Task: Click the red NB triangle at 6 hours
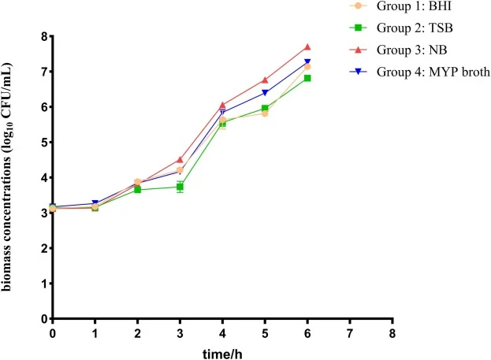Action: (x=307, y=47)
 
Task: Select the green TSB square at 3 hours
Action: (x=180, y=187)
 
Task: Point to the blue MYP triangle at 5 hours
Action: (x=265, y=93)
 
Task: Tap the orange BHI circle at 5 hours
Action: (x=265, y=113)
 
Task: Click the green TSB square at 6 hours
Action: (x=307, y=78)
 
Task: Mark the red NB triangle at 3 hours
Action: (x=180, y=160)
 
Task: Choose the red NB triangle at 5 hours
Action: (x=265, y=80)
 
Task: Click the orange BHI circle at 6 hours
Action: (x=307, y=67)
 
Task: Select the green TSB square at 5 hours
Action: (x=265, y=108)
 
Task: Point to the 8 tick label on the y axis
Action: (x=44, y=36)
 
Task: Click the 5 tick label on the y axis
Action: (x=44, y=143)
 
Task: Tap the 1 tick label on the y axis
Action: (x=44, y=284)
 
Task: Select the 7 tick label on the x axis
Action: (x=350, y=334)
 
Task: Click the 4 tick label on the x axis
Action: (x=222, y=334)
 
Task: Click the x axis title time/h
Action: (x=222, y=354)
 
